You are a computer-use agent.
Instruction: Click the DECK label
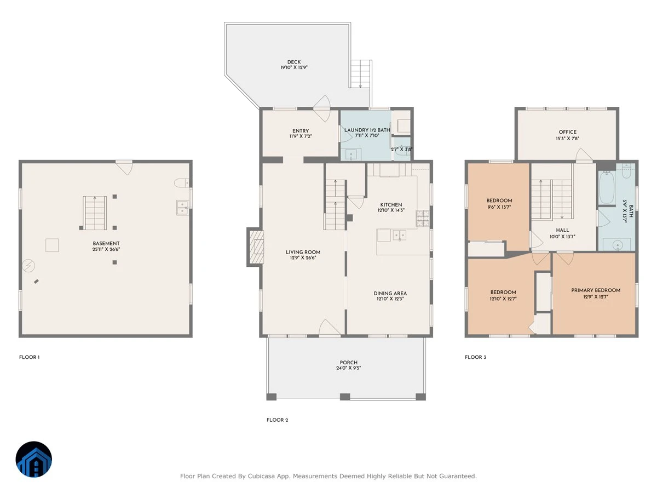[x=293, y=62]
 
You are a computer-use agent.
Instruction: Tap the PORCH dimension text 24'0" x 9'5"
[x=348, y=368]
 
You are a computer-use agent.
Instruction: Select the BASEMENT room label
[x=106, y=243]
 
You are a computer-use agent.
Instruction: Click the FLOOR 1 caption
[x=30, y=357]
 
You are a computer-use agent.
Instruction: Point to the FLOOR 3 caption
[x=475, y=357]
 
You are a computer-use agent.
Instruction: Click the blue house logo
[x=34, y=459]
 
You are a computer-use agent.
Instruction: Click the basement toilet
[x=181, y=182]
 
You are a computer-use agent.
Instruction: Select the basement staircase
[x=95, y=213]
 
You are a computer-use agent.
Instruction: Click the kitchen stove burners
[x=423, y=218]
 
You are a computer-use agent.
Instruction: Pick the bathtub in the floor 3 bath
[x=607, y=188]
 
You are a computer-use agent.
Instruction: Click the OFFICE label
[x=568, y=132]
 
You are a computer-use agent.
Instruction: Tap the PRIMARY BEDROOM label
[x=596, y=290]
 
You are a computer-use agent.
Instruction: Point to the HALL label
[x=562, y=230]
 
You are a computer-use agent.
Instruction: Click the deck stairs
[x=360, y=73]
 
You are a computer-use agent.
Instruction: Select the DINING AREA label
[x=390, y=294]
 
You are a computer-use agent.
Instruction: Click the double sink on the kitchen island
[x=399, y=236]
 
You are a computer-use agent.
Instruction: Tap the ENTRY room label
[x=301, y=131]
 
